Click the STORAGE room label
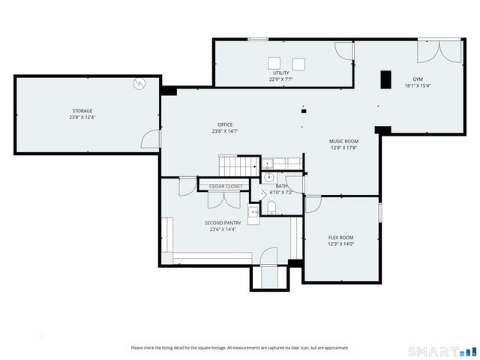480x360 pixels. tap(82, 111)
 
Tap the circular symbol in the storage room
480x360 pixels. tap(138, 83)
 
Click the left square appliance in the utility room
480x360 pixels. tap(274, 63)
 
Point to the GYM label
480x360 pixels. tap(417, 79)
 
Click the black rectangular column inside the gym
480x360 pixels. tap(385, 79)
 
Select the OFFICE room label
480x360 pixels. tap(225, 124)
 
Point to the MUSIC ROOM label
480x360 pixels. tap(343, 141)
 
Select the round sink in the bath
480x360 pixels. tap(268, 178)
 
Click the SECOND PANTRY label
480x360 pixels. tap(224, 223)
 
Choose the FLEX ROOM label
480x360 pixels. tap(340, 238)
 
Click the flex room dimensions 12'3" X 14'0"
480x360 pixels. tap(340, 244)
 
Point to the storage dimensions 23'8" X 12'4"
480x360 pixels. tap(82, 118)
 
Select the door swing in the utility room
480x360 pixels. tap(343, 51)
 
